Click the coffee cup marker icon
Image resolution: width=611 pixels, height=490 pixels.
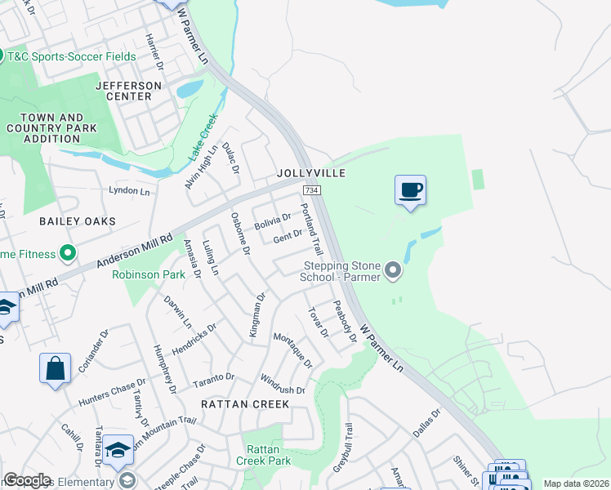pyautogui.click(x=411, y=190)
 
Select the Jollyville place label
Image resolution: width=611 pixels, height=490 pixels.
pyautogui.click(x=311, y=173)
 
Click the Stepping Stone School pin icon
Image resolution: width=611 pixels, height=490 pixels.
pyautogui.click(x=394, y=269)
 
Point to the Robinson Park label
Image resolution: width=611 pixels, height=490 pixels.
pyautogui.click(x=149, y=275)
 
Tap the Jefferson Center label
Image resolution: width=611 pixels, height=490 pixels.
pyautogui.click(x=123, y=91)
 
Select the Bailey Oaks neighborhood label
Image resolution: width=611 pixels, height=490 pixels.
pyautogui.click(x=78, y=221)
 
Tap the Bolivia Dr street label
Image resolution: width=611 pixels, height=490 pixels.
pyautogui.click(x=272, y=221)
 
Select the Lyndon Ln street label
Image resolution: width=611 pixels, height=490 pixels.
pyautogui.click(x=131, y=191)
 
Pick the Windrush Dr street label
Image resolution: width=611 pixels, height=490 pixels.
pyautogui.click(x=282, y=385)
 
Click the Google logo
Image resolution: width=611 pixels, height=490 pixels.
pyautogui.click(x=27, y=480)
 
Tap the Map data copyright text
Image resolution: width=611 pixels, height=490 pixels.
pyautogui.click(x=575, y=483)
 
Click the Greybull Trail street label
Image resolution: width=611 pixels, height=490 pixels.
pyautogui.click(x=346, y=448)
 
